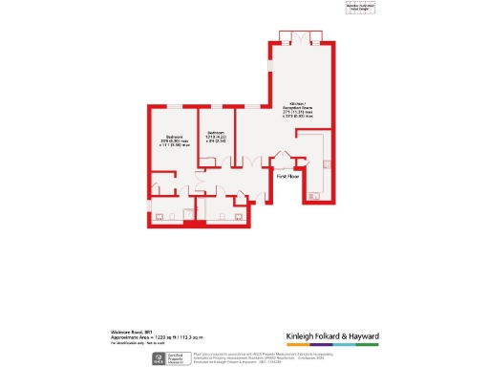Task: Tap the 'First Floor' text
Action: (x=289, y=177)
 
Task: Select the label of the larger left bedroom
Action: (x=173, y=140)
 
